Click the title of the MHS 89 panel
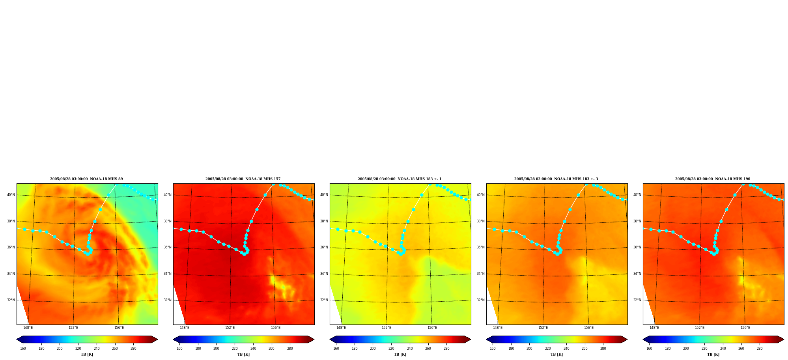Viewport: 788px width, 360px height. coord(86,179)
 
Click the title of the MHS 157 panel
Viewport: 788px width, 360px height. coord(243,179)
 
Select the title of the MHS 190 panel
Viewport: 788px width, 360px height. coord(713,179)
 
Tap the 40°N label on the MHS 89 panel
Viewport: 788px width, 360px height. coord(11,195)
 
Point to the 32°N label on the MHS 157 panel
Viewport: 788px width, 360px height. coord(168,300)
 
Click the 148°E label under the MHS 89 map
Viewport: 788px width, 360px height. coord(28,328)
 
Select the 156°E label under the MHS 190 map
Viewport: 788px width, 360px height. coord(745,328)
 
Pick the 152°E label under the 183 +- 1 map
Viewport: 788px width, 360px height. coord(387,328)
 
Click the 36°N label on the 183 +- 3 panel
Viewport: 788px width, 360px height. coord(481,248)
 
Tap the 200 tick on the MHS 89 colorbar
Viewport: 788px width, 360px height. coord(60,349)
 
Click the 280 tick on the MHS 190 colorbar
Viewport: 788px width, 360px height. coord(760,349)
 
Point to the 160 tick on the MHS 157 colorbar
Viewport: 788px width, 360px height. coord(179,349)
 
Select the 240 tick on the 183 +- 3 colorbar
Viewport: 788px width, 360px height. coord(566,349)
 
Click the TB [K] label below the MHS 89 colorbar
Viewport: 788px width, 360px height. coord(87,354)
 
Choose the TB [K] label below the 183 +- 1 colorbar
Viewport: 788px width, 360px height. coord(400,354)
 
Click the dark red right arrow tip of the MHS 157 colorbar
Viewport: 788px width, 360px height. coord(314,339)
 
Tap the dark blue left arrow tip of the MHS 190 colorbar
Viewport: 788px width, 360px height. coord(643,339)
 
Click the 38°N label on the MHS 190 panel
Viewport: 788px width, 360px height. coord(637,221)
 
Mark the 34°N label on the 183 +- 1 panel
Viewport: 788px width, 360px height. coord(324,274)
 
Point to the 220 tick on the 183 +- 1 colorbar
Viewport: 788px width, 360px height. coord(391,349)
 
